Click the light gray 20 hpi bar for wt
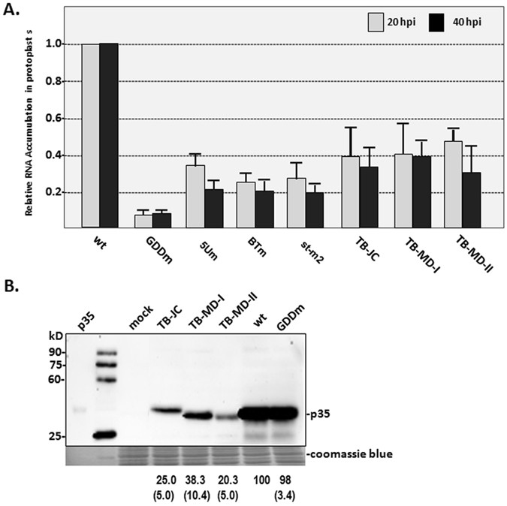pos(90,135)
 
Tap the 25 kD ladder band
pos(106,435)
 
